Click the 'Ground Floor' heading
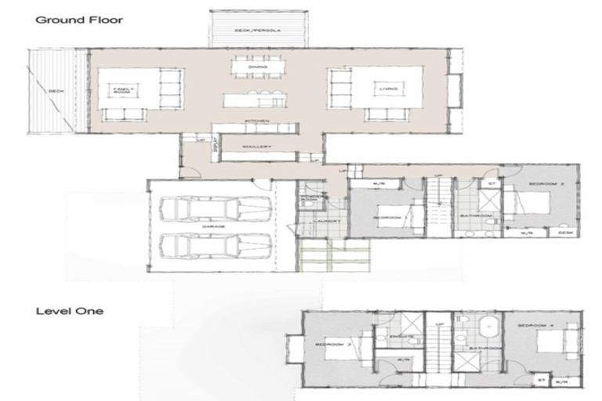pyautogui.click(x=78, y=18)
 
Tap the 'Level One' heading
pyautogui.click(x=69, y=311)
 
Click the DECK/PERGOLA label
pyautogui.click(x=257, y=31)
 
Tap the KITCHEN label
pyautogui.click(x=257, y=121)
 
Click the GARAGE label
pyautogui.click(x=214, y=226)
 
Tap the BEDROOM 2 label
pyautogui.click(x=542, y=183)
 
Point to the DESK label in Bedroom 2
pyautogui.click(x=564, y=233)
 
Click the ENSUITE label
pyautogui.click(x=399, y=337)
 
